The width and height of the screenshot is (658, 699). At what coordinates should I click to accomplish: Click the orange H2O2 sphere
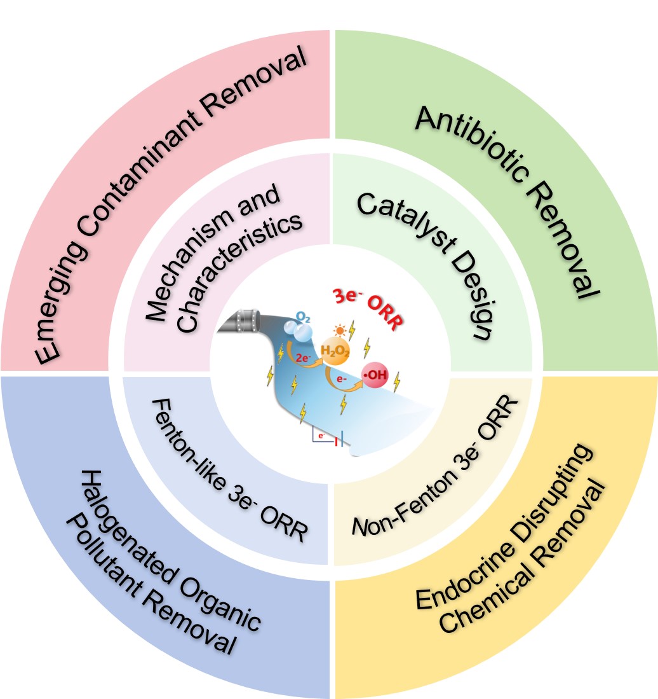coord(334,351)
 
